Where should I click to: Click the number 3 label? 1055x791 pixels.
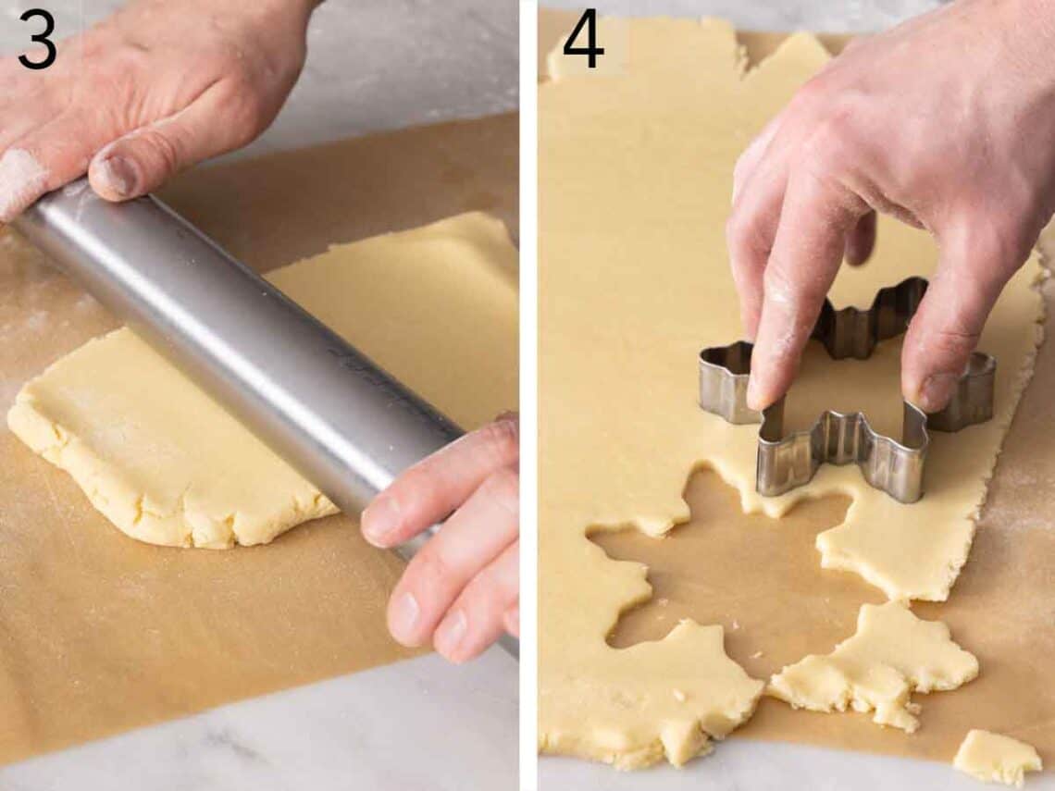37,39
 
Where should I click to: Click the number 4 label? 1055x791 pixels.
583,39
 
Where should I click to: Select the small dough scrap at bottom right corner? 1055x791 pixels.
995,754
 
